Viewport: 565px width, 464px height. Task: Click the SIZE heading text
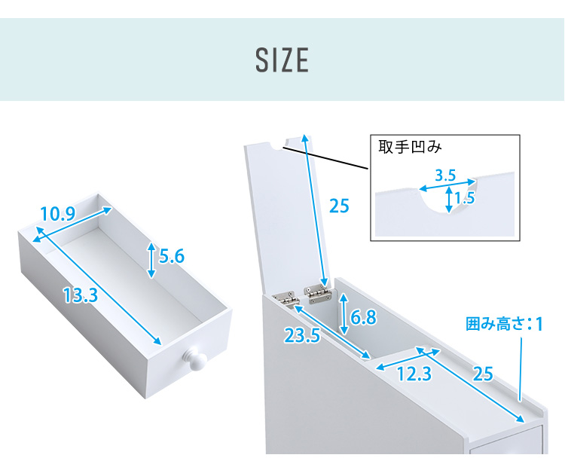pyautogui.click(x=282, y=60)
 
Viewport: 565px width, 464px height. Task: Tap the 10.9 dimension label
pyautogui.click(x=58, y=214)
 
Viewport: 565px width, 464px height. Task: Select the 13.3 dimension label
pyautogui.click(x=81, y=295)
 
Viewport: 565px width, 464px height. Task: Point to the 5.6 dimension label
pyautogui.click(x=172, y=256)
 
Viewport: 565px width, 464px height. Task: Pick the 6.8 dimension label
pyautogui.click(x=363, y=317)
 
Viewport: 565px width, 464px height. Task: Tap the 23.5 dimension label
pyautogui.click(x=302, y=335)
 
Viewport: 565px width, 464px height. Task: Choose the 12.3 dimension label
pyautogui.click(x=414, y=374)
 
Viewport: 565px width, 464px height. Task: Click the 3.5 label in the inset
pyautogui.click(x=445, y=176)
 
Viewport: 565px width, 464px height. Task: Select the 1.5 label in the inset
pyautogui.click(x=465, y=198)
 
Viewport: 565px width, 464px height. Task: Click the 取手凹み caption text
pyautogui.click(x=410, y=147)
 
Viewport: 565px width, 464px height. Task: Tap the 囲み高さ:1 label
pyautogui.click(x=505, y=324)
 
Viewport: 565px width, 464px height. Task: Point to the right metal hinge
pyautogui.click(x=317, y=292)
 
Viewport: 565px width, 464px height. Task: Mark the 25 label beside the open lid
pyautogui.click(x=339, y=206)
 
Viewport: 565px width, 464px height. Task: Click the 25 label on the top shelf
pyautogui.click(x=482, y=374)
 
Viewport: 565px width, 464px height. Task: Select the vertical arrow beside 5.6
pyautogui.click(x=151, y=260)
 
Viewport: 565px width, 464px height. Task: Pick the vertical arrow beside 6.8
pyautogui.click(x=344, y=314)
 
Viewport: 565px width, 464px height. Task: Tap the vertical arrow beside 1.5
pyautogui.click(x=449, y=199)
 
